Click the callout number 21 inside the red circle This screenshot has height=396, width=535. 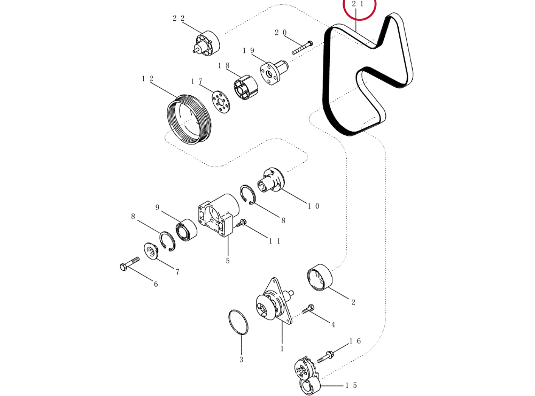(x=358, y=4)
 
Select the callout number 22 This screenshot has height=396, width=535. (x=179, y=18)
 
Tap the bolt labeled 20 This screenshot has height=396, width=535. (x=303, y=48)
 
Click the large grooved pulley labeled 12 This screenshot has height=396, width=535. (x=189, y=119)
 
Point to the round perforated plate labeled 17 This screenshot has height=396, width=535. (x=220, y=102)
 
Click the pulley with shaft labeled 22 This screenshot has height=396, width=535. (x=207, y=43)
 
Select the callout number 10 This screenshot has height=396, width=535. (x=314, y=206)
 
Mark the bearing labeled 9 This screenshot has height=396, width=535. (x=187, y=230)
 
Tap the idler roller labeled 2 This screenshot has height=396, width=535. (x=320, y=277)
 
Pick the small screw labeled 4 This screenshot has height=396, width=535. (x=308, y=309)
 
